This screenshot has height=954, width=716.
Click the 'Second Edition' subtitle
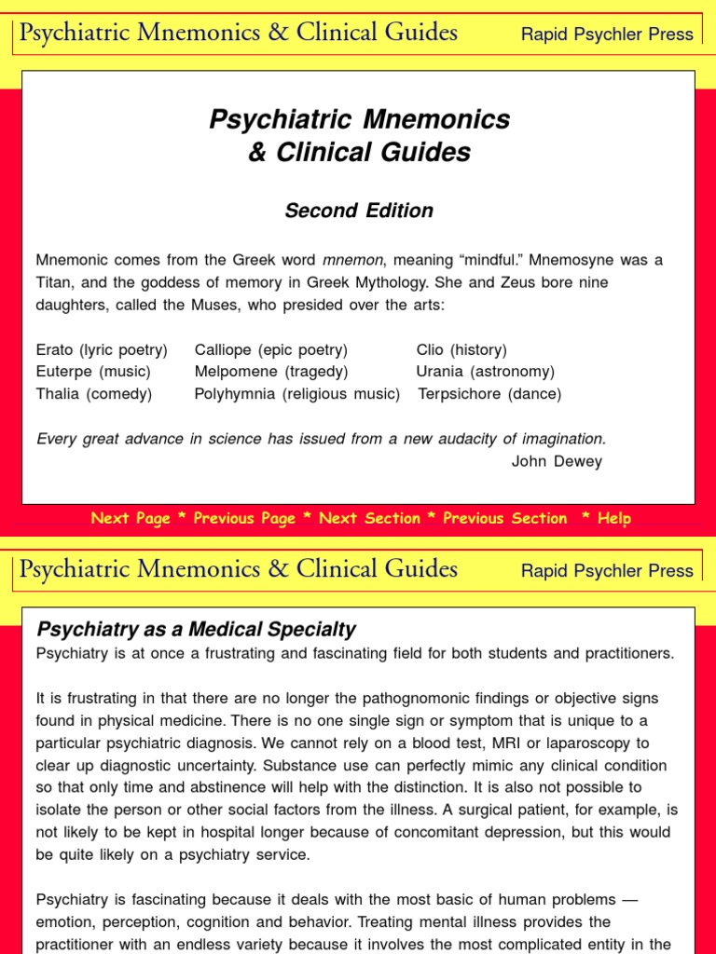359,211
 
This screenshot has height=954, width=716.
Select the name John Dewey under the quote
557,461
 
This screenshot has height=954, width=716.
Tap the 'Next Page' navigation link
131,518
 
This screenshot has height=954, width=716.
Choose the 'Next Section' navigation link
369,518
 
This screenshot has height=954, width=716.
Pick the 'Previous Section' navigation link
504,518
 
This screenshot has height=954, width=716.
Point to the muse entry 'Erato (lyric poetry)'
102,349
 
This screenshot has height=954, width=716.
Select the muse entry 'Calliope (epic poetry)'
270,349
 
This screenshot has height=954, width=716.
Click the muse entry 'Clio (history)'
461,349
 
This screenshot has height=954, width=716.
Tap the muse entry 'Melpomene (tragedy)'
270,372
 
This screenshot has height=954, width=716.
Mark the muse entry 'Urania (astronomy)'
485,372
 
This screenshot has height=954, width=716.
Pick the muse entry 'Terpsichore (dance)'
489,394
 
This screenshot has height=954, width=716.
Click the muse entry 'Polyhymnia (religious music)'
296,394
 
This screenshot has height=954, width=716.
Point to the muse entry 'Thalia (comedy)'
93,394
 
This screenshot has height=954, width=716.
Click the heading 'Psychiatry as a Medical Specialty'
196,629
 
